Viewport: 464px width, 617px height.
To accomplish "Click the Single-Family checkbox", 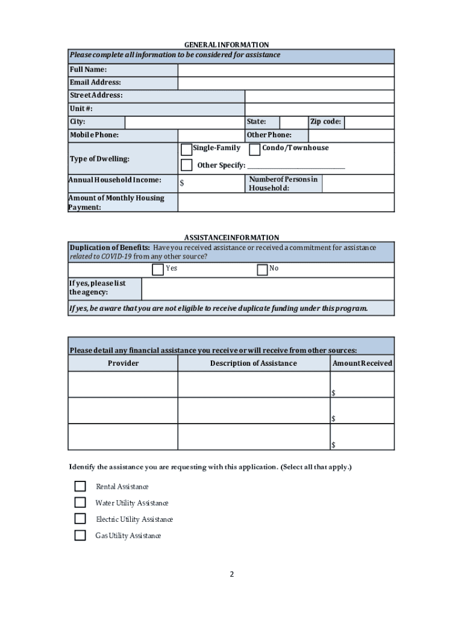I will (186, 149).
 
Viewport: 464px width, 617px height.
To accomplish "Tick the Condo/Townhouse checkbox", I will (255, 149).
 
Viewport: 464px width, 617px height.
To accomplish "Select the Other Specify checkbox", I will (186, 165).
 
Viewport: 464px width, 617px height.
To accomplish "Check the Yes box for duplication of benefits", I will (158, 269).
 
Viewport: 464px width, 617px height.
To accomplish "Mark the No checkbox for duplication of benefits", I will (262, 269).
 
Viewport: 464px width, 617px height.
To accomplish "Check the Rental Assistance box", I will (80, 486).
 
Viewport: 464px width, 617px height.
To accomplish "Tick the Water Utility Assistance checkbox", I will (80, 503).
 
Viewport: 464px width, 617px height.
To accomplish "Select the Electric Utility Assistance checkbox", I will (80, 519).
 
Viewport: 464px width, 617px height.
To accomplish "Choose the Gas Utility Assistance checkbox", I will (80, 535).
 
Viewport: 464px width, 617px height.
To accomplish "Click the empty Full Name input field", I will (286, 70).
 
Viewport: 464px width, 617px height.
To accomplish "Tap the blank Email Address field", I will (286, 83).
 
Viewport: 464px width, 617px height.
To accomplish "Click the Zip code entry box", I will (369, 122).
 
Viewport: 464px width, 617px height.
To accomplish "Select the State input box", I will (293, 122).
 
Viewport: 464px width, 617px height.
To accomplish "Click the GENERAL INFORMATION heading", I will (227, 45).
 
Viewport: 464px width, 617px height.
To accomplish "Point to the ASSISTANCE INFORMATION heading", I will (231, 238).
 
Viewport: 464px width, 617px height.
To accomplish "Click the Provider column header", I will (123, 363).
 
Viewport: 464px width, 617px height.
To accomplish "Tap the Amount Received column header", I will (362, 363).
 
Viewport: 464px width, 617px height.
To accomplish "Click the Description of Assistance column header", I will (253, 363).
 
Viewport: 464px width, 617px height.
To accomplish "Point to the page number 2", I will (231, 574).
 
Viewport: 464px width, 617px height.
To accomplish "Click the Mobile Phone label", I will (94, 136).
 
